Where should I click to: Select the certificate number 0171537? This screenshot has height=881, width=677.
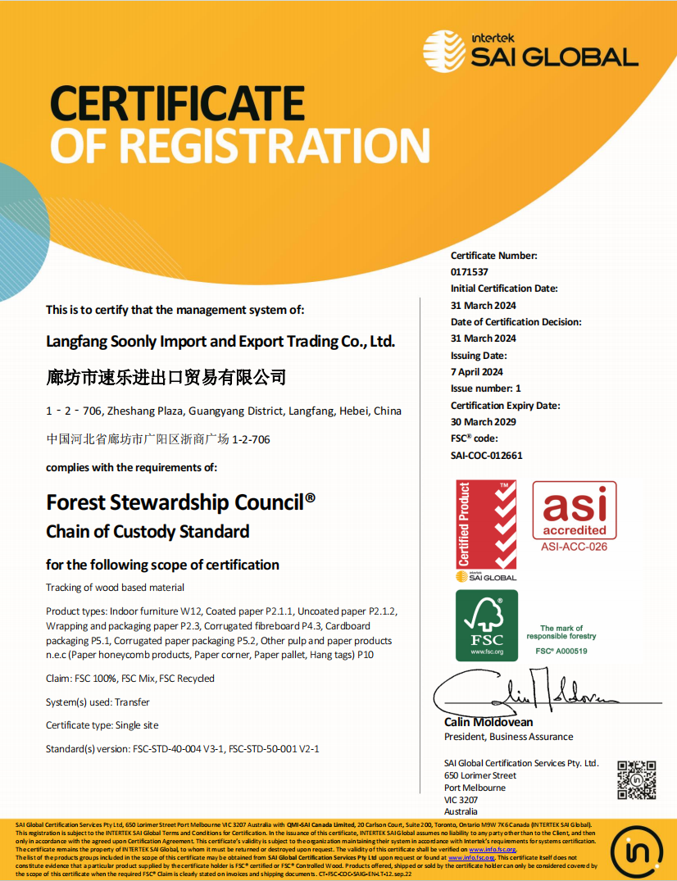[469, 272]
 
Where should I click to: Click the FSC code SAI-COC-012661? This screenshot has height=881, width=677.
[486, 456]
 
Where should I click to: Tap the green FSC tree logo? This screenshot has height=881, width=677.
[486, 624]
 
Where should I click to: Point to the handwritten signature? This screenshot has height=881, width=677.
[525, 693]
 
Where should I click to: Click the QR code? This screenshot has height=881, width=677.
[636, 780]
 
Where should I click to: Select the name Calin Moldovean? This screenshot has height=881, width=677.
[488, 722]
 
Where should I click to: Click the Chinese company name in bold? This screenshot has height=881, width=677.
[166, 377]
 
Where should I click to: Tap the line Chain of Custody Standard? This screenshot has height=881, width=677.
[148, 531]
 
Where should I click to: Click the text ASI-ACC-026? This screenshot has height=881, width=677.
[574, 547]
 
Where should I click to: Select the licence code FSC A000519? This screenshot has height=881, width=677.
[563, 651]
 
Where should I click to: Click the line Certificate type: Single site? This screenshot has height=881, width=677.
[102, 725]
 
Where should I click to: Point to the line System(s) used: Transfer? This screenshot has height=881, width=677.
[98, 702]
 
